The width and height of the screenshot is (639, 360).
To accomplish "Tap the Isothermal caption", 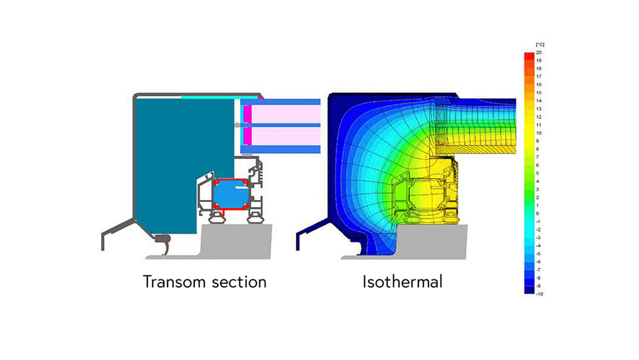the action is coord(402,282).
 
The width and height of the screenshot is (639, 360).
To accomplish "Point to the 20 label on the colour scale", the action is coord(539,52).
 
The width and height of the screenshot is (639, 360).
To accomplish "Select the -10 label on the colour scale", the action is coord(540,294).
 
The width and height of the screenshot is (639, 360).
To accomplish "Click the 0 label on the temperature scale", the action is coord(537,214).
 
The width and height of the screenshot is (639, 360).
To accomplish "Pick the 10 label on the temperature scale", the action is coord(539,133).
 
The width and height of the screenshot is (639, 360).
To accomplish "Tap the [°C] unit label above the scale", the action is coord(540,44).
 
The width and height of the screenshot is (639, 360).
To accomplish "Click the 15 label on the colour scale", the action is coord(539,92).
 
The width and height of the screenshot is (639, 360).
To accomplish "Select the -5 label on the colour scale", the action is coord(539,254).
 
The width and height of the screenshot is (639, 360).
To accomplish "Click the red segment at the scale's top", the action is coord(529,56).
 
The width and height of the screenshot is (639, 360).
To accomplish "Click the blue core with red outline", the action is coord(230,194).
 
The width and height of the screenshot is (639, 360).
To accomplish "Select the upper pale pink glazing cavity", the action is coord(286,114).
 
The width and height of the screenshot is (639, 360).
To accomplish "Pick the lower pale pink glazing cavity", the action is coord(286,136).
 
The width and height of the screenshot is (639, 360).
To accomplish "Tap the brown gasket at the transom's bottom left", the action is coord(163,243).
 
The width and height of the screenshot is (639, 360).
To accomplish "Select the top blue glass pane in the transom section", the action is coord(280,102).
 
